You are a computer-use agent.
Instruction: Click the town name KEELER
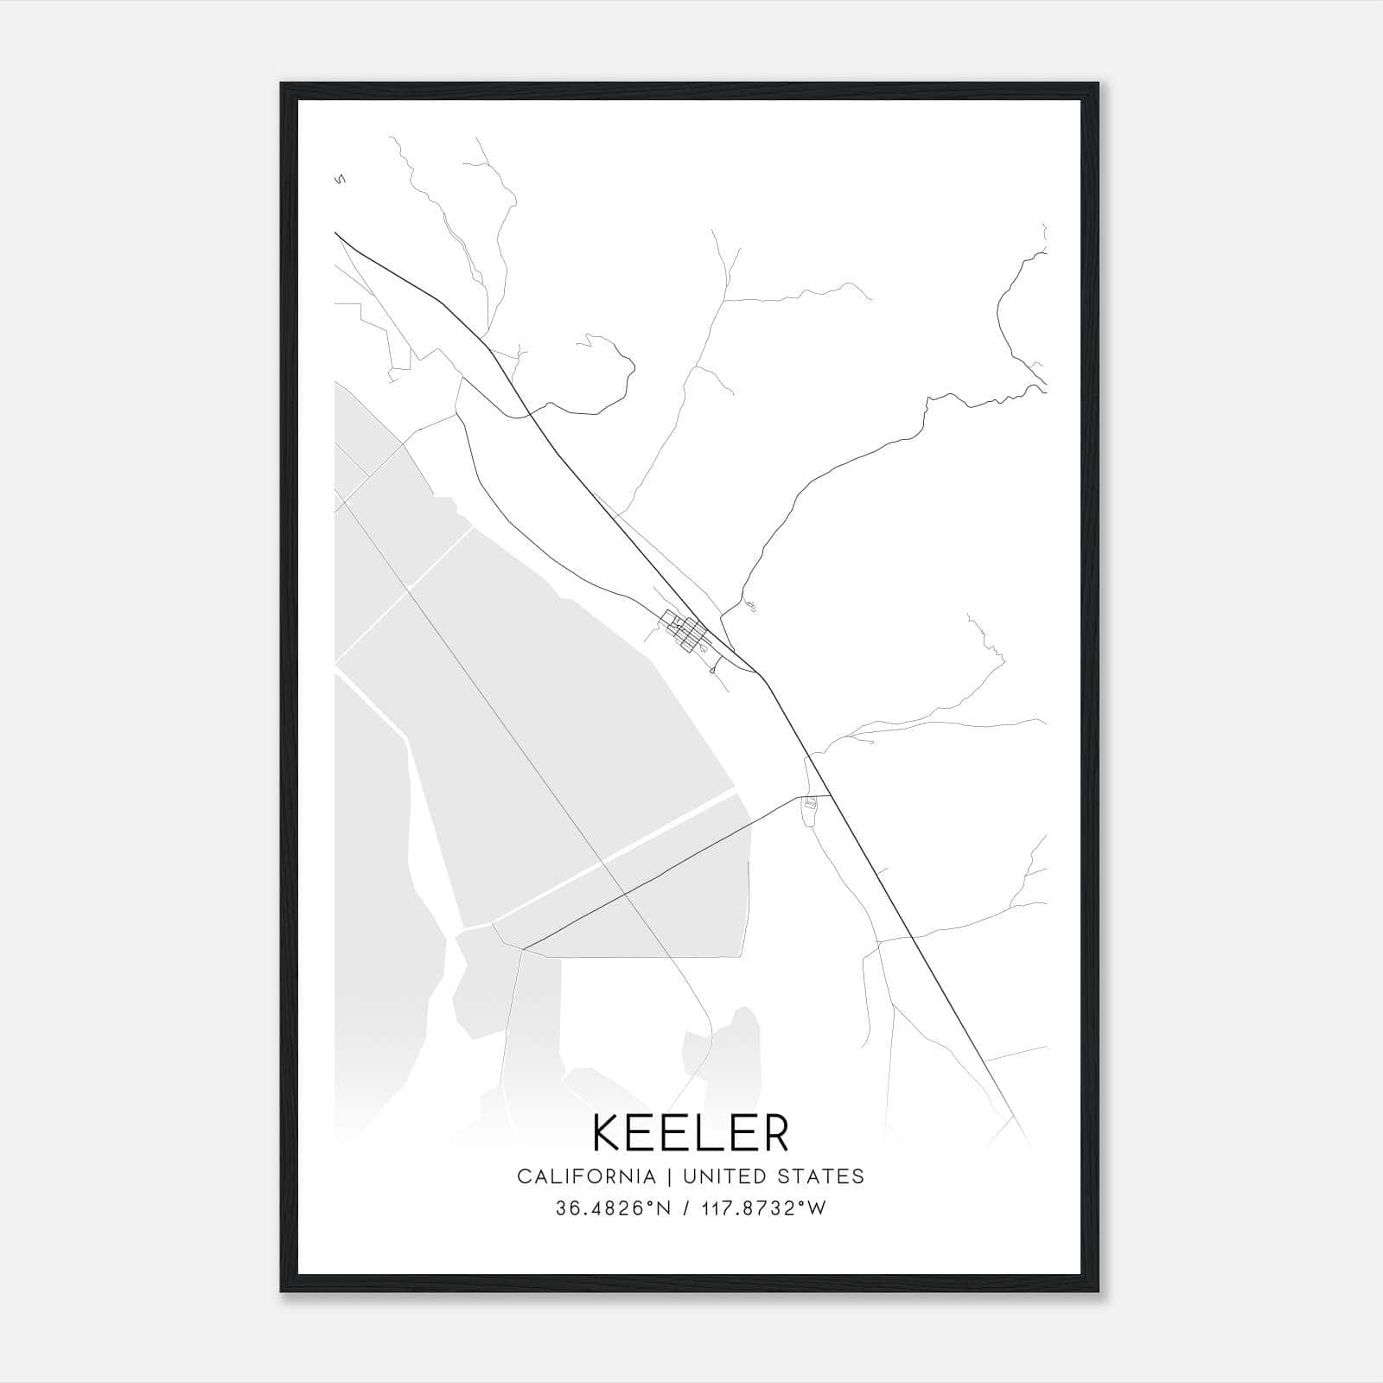pyautogui.click(x=691, y=1133)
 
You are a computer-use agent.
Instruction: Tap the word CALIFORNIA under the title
pyautogui.click(x=586, y=1176)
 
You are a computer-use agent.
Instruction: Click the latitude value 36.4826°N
pyautogui.click(x=614, y=1208)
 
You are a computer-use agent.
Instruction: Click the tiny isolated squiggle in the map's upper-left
pyautogui.click(x=340, y=180)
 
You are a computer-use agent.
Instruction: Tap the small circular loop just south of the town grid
pyautogui.click(x=711, y=669)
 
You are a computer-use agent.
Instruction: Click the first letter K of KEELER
pyautogui.click(x=608, y=1133)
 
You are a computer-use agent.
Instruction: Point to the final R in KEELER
pyautogui.click(x=776, y=1133)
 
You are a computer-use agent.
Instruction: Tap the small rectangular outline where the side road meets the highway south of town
pyautogui.click(x=810, y=804)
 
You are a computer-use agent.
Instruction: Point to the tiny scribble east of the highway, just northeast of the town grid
pyautogui.click(x=749, y=606)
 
